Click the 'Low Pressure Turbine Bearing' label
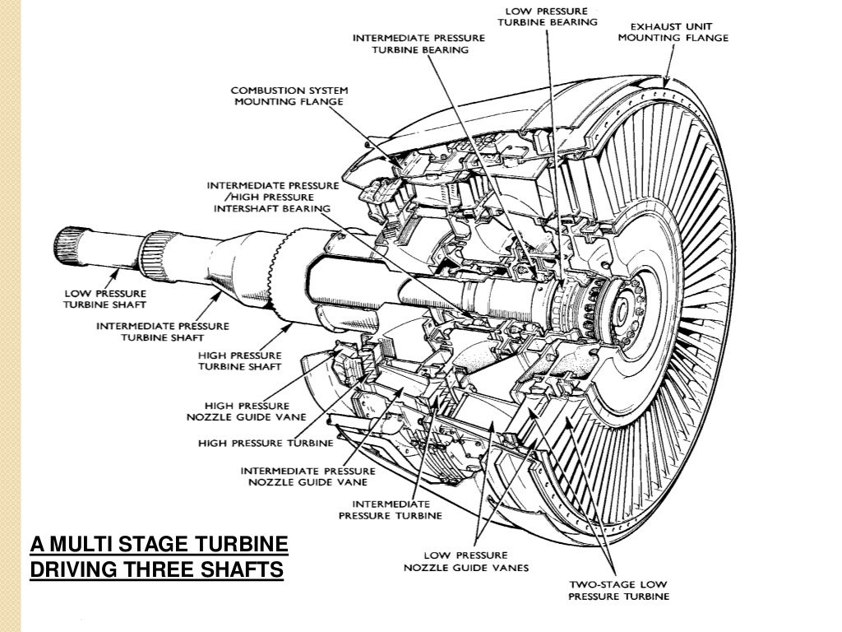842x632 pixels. [549, 16]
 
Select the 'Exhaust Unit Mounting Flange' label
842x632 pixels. [673, 31]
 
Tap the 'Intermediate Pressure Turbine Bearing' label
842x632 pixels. [419, 44]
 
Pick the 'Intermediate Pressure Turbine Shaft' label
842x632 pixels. [163, 332]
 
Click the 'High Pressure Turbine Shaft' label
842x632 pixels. [240, 360]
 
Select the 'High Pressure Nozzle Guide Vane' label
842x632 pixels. [247, 411]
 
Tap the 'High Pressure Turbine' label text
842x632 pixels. [266, 443]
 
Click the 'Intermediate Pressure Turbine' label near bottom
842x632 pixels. [391, 509]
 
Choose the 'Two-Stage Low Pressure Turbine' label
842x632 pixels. [619, 589]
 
